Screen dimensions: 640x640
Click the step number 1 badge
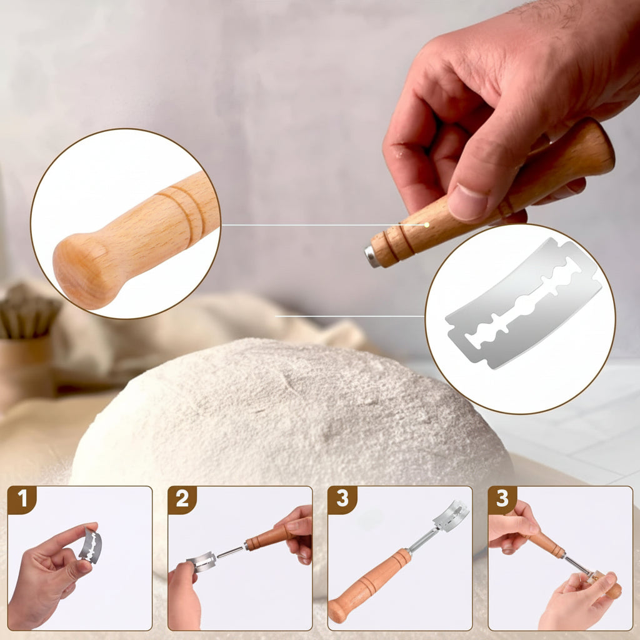click(x=22, y=500)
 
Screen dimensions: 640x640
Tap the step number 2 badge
click(x=182, y=500)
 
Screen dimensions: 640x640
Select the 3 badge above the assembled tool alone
click(x=342, y=500)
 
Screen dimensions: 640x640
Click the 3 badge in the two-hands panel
click(x=502, y=500)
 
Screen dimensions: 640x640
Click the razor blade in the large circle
click(x=524, y=303)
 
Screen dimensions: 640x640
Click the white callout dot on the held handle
click(x=426, y=224)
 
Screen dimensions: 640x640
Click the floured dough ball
click(x=287, y=412)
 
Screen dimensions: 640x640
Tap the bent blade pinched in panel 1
click(x=91, y=546)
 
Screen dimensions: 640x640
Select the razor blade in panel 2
click(x=201, y=561)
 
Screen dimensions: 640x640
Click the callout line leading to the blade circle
click(x=350, y=316)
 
